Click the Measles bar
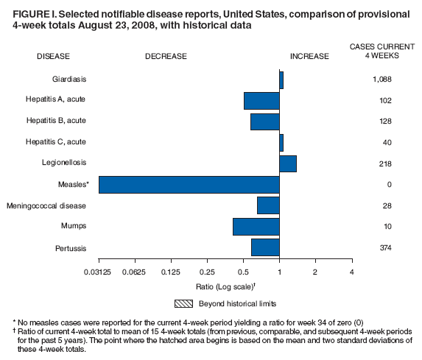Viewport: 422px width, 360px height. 189,184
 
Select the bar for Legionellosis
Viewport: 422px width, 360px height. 288,163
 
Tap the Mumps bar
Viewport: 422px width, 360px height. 256,226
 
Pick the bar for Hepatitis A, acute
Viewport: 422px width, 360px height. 261,100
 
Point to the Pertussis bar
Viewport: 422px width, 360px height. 265,247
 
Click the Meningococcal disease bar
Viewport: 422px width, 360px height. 268,205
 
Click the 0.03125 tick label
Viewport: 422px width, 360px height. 99,272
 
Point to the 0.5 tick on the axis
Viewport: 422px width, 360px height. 243,272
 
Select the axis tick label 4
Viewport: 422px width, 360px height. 351,272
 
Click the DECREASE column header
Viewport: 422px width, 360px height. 166,56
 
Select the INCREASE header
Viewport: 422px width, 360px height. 309,56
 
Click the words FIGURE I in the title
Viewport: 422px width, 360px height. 34,15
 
